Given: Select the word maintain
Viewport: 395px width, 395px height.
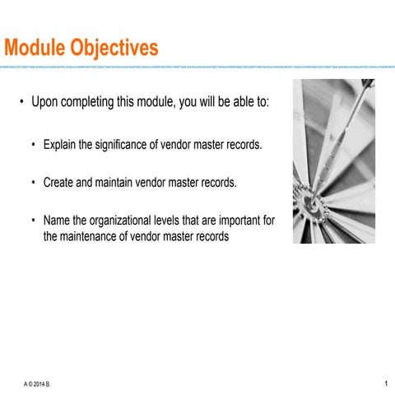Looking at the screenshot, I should click(x=114, y=183).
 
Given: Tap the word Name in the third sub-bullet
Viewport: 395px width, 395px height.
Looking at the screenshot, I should click(x=57, y=221).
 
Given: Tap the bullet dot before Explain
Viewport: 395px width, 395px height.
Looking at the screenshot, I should click(x=34, y=146).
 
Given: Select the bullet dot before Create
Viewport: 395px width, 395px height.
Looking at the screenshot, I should click(x=34, y=183).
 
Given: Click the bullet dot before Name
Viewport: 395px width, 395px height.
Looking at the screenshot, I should click(x=34, y=221).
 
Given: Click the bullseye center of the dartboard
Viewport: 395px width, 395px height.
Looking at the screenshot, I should click(x=313, y=201).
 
